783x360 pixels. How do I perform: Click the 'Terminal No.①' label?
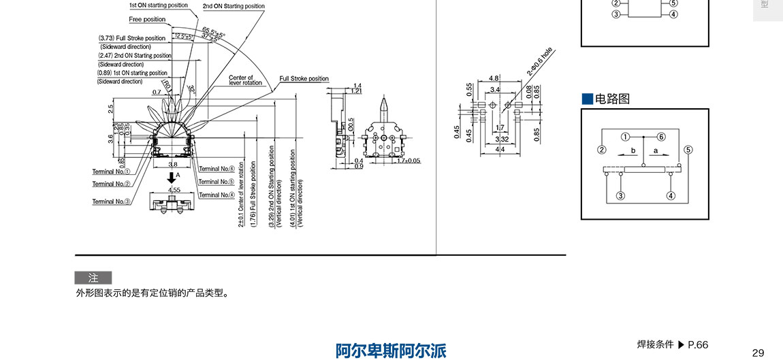tap(111, 171)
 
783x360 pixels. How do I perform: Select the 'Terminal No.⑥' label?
tap(217, 169)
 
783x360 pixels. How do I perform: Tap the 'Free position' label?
tap(147, 19)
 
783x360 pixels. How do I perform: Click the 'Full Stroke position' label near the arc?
tap(304, 79)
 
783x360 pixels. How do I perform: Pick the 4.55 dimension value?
tap(174, 191)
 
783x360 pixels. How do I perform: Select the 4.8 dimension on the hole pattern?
tap(494, 78)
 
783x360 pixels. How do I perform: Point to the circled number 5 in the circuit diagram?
tap(688, 150)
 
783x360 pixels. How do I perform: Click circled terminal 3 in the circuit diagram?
tap(620, 196)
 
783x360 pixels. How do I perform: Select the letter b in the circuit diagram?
tap(633, 149)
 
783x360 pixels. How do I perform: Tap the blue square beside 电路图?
tap(588, 99)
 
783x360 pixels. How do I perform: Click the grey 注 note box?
tap(93, 278)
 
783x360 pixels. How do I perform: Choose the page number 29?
tap(758, 353)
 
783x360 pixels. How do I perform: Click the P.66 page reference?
tap(698, 345)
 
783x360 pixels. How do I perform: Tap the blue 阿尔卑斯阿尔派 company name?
tap(391, 351)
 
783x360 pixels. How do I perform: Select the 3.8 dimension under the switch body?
tap(172, 164)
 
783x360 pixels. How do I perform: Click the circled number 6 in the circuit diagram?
tap(661, 136)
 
